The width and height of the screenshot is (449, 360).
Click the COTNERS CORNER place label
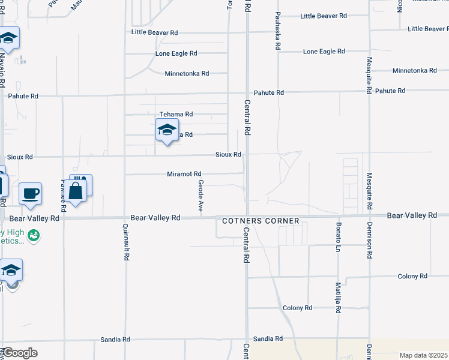click(x=261, y=221)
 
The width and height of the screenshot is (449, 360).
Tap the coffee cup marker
click(x=30, y=194)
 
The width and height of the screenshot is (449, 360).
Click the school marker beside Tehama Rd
click(x=167, y=130)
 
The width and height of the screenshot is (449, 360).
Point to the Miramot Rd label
click(x=184, y=174)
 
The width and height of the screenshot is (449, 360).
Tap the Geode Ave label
click(x=201, y=196)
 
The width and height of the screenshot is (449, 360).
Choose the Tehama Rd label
click(x=176, y=114)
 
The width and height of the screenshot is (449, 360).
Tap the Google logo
click(x=20, y=353)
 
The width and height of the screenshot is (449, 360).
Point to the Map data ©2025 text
click(x=423, y=355)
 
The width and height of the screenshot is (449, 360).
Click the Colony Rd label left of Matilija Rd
click(x=298, y=308)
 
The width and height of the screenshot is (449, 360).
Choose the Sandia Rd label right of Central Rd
click(x=268, y=339)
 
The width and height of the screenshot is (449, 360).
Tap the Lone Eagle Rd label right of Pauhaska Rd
click(x=324, y=52)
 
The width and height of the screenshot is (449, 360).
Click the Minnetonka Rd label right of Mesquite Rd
click(x=414, y=71)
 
